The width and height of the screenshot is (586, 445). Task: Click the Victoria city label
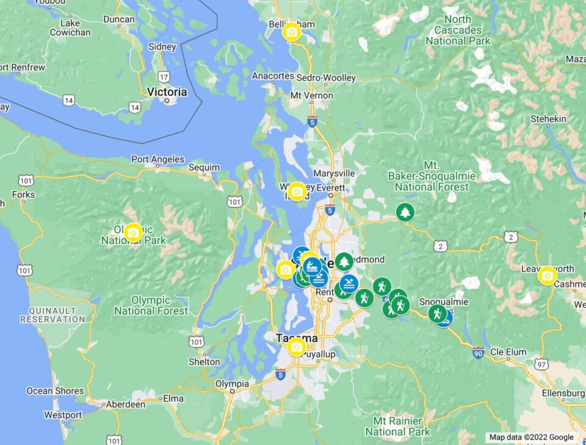point(167,92)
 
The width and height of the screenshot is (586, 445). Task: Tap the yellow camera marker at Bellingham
point(292,32)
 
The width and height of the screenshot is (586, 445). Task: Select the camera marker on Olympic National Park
point(133,232)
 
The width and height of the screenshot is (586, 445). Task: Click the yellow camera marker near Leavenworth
point(548,276)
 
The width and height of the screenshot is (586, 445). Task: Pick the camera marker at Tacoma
point(296,347)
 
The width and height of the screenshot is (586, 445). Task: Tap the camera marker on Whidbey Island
point(297,191)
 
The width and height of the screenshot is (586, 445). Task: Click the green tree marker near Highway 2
point(405,212)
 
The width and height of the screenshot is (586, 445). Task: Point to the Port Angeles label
point(157,160)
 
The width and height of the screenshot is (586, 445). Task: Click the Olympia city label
point(232,384)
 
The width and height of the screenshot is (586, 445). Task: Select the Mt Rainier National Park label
point(397,426)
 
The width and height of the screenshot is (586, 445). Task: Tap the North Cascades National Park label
point(458,30)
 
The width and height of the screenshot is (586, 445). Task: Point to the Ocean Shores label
point(55,391)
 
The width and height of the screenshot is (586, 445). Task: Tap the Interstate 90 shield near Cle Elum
point(478,353)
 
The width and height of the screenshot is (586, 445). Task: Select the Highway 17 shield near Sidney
point(164,77)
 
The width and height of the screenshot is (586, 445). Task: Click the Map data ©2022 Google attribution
point(531,437)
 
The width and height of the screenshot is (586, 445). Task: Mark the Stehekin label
point(548,118)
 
